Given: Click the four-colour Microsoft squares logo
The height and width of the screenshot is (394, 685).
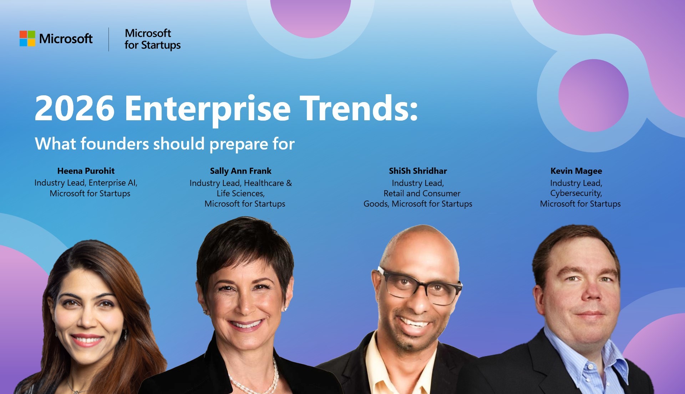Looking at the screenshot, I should [27, 39].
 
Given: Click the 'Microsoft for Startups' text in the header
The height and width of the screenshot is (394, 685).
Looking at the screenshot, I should [152, 39].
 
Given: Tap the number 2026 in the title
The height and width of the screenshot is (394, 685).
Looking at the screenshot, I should [75, 108].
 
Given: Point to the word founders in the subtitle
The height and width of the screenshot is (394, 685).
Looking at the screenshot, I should [114, 144].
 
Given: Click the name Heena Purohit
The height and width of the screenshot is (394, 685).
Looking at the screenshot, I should [86, 171].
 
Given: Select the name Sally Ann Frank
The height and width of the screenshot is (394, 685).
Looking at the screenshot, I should [240, 171].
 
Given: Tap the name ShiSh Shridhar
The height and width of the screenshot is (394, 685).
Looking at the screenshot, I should [418, 171].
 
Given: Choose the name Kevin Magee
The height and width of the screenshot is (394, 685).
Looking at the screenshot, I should [576, 171].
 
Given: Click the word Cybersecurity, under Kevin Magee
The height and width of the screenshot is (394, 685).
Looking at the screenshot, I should [576, 193].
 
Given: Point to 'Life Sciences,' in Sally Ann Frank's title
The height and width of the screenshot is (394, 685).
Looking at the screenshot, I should [240, 193].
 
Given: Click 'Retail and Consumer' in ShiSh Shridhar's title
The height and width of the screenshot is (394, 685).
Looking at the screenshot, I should [422, 193].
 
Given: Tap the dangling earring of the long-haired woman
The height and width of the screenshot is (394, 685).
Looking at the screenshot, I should [126, 334].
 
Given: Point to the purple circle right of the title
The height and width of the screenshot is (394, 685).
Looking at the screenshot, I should [593, 96].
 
